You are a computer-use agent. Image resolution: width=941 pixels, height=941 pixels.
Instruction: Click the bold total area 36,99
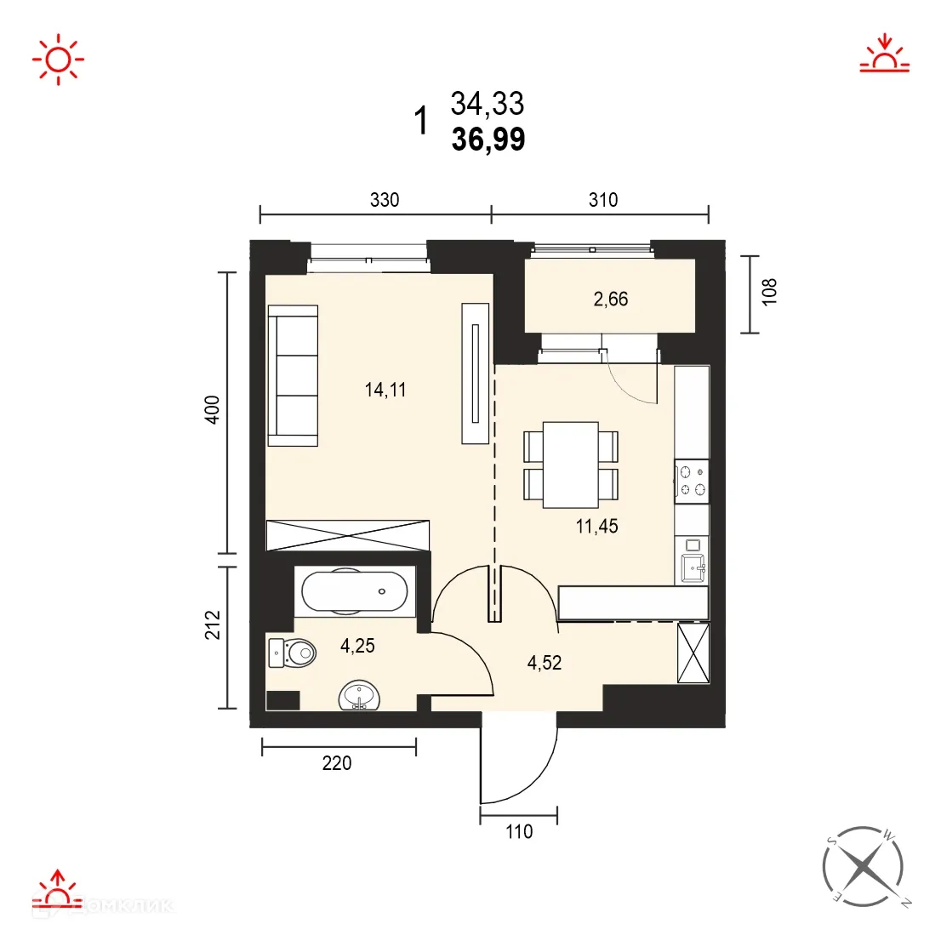coord(488,140)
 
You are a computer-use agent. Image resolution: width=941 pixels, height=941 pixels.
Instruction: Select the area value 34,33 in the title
coord(488,104)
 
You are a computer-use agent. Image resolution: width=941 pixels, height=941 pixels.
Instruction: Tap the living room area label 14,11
coord(385,391)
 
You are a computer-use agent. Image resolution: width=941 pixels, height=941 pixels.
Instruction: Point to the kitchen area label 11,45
coord(596,526)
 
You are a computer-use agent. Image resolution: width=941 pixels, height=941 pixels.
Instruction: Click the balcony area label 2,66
coord(611,299)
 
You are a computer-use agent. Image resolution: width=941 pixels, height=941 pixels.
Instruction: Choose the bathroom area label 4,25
coord(357,646)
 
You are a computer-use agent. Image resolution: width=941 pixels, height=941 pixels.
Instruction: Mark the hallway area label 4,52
coord(545,662)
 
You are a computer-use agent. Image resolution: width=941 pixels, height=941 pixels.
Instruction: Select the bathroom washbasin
coord(361,695)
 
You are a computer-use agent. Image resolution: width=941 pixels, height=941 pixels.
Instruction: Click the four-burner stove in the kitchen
coord(692,480)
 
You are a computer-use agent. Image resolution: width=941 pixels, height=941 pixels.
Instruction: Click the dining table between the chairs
coord(571,465)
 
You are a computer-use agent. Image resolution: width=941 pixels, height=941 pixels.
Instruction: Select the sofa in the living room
coord(293,375)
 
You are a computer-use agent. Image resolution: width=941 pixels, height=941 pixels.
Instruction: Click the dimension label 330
coord(385,200)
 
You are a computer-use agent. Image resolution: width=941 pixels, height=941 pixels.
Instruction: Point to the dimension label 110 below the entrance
coord(519,831)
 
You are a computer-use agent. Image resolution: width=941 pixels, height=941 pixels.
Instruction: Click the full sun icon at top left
coord(58,59)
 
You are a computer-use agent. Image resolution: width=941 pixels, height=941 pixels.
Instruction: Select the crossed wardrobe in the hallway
coord(693,653)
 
